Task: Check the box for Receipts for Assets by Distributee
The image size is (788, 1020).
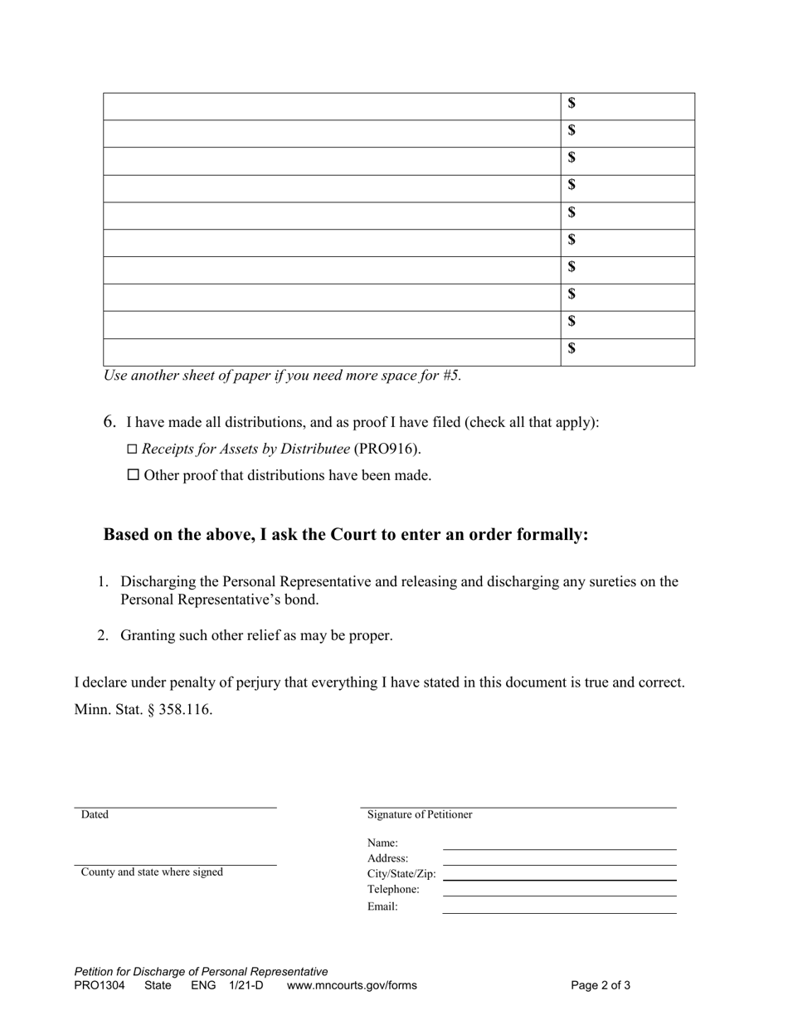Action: (132, 449)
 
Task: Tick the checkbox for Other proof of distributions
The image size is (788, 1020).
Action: (133, 475)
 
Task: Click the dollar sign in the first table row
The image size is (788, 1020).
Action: (572, 104)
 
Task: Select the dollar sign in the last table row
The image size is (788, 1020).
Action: (572, 348)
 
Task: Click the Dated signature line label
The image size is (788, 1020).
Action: (95, 814)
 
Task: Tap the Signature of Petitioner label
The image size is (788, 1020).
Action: (420, 814)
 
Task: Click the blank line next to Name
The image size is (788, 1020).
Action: (560, 844)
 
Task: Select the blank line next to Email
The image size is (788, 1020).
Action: (560, 908)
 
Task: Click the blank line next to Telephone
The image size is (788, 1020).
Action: (560, 891)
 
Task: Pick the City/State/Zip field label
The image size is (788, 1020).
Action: (401, 873)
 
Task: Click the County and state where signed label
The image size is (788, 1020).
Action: (152, 872)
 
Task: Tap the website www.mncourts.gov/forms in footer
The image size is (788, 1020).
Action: (352, 985)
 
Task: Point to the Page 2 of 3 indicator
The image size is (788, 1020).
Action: (601, 985)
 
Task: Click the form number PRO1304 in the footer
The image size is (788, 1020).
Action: (100, 985)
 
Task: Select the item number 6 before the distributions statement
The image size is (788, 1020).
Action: (109, 421)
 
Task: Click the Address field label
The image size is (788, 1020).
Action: (387, 858)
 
